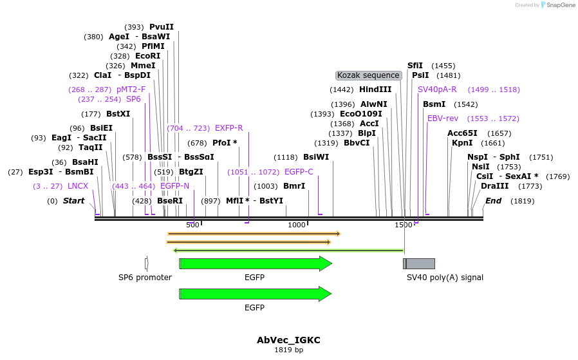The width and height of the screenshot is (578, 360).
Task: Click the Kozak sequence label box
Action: (369, 75)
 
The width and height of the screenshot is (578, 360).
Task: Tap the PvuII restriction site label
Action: (162, 27)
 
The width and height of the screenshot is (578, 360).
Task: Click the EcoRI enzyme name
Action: (147, 56)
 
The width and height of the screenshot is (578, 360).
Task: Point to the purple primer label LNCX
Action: (78, 186)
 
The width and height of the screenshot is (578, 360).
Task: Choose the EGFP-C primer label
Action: (299, 172)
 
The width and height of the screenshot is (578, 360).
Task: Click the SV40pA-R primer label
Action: (437, 90)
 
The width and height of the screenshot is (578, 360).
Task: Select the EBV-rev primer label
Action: (443, 118)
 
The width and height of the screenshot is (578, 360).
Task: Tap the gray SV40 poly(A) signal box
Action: (419, 263)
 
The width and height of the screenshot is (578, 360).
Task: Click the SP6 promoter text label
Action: (145, 278)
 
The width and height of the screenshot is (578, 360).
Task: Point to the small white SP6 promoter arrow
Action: (147, 263)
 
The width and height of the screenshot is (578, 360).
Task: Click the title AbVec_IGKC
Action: (288, 339)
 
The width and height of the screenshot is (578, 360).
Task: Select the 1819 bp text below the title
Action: (288, 350)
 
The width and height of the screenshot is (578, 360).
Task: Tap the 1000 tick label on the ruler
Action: (297, 225)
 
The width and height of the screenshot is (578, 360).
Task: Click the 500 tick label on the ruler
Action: (192, 225)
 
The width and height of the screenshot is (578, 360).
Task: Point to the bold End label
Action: (493, 201)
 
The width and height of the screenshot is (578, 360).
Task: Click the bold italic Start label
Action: (73, 201)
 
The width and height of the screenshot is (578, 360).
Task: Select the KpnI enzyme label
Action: (461, 143)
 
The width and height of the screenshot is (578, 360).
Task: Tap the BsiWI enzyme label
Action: (316, 157)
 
